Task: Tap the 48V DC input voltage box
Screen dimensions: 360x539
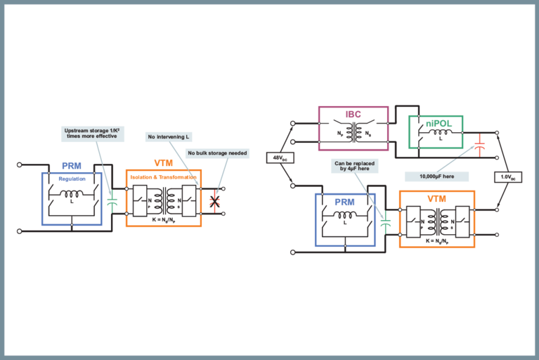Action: [279, 157]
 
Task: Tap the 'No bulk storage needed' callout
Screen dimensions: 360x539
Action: [217, 153]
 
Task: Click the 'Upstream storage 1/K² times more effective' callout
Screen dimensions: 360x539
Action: [91, 133]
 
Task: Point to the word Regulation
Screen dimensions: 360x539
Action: [72, 179]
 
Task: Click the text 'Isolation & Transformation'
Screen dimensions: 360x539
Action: [164, 176]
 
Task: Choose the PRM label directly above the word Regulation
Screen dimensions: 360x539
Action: [72, 167]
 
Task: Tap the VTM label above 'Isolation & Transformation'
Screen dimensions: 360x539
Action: [163, 164]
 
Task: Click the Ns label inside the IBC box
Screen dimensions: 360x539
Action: [368, 133]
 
